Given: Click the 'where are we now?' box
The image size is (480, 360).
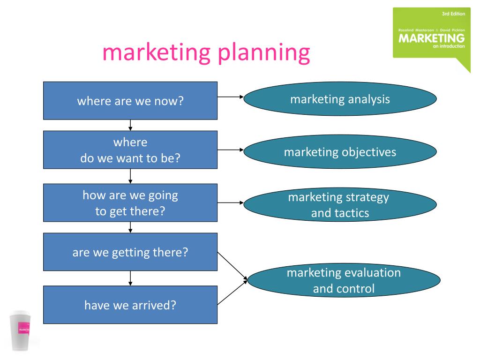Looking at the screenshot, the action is [130, 101].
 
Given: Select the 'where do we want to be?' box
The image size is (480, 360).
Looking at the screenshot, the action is [130, 150].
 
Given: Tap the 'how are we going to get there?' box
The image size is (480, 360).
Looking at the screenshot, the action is [130, 203].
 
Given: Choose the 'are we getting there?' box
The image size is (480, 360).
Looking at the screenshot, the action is [130, 252].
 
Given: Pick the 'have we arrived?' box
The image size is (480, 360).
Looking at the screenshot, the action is [130, 305].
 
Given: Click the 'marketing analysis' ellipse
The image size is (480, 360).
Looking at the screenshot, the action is [340, 99].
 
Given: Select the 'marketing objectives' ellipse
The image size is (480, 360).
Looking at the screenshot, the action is [340, 152].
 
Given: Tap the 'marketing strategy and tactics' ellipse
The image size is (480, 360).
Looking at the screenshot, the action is [340, 204].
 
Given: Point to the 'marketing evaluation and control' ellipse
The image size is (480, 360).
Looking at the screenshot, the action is [344, 280].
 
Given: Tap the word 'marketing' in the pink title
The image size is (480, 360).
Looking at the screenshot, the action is [157, 52].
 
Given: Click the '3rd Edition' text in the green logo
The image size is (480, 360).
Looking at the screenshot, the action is [453, 14].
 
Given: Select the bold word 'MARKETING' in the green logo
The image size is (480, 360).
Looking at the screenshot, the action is [432, 38].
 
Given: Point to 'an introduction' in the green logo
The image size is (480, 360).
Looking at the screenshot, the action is [449, 46].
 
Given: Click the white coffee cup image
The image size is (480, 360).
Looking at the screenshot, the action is [21, 330].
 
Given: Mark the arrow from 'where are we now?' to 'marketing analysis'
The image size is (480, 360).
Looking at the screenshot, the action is [231, 97].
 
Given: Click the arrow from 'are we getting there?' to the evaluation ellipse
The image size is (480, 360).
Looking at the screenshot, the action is [232, 266].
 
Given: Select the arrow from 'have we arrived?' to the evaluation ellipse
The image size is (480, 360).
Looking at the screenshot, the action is [232, 292].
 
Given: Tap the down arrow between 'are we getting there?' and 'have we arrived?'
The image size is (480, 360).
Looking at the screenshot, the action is [130, 278].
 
